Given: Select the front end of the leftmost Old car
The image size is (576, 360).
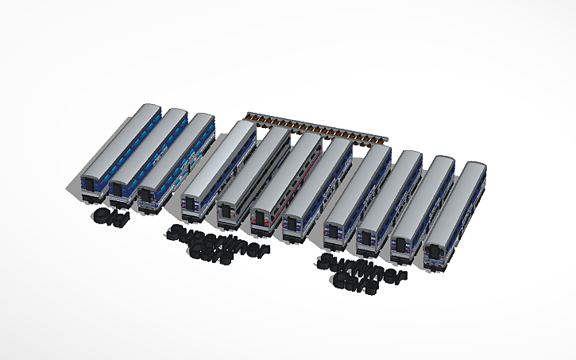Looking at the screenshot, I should pyautogui.click(x=91, y=184).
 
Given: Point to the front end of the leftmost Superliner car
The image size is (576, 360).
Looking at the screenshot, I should pyautogui.click(x=191, y=207).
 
